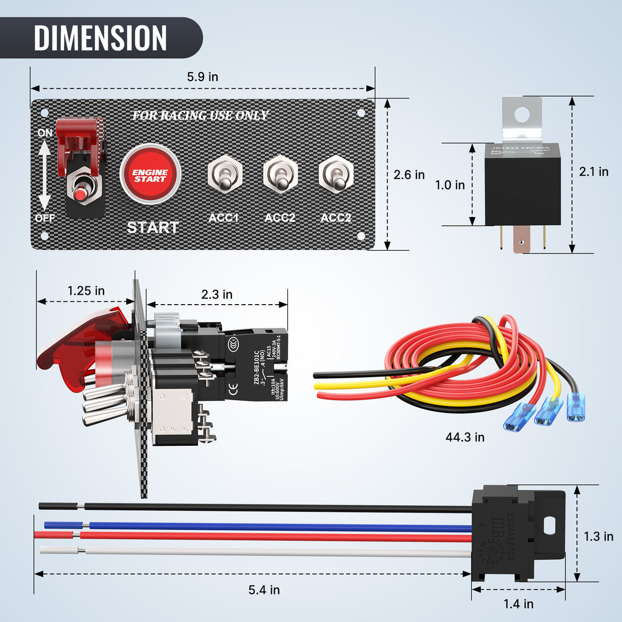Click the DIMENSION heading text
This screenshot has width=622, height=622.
(100, 38)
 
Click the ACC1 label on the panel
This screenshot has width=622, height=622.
(223, 218)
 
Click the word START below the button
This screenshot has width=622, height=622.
(153, 227)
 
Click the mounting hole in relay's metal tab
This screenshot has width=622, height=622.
(522, 114)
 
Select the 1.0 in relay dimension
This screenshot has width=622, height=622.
(449, 185)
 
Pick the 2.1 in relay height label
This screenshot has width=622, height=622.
(594, 172)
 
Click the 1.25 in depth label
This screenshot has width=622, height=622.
(86, 291)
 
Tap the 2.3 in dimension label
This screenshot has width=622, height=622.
(217, 294)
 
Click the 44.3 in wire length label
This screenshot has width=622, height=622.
(465, 437)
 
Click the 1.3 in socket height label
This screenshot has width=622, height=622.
(598, 536)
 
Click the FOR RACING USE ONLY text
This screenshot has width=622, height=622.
(200, 116)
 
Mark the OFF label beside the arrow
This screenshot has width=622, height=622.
(45, 218)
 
